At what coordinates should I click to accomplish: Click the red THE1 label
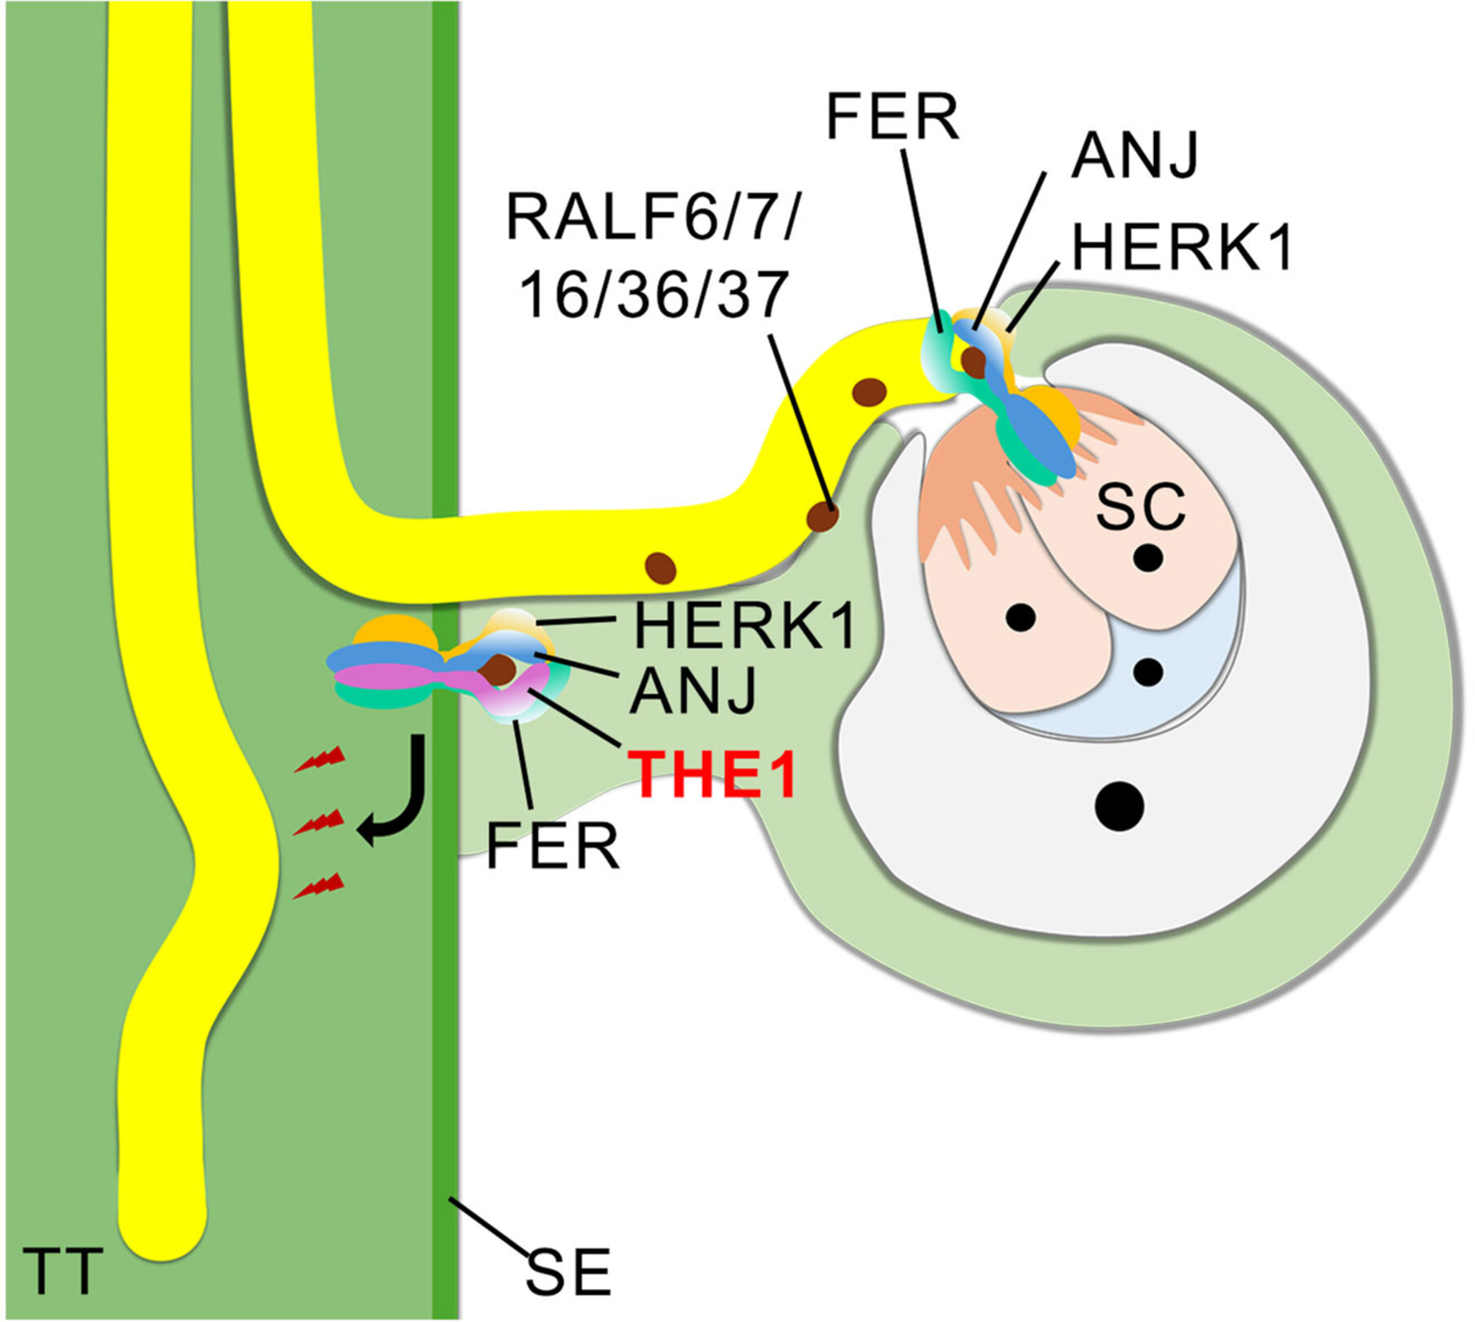pyautogui.click(x=714, y=775)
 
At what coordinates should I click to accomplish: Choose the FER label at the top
pyautogui.click(x=892, y=117)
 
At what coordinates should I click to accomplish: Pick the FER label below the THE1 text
pyautogui.click(x=553, y=847)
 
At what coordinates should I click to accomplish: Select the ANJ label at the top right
pyautogui.click(x=1135, y=155)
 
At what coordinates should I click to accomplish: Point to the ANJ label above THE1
pyautogui.click(x=693, y=691)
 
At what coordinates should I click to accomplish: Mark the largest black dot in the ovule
pyautogui.click(x=1119, y=806)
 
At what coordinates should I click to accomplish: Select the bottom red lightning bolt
pyautogui.click(x=319, y=885)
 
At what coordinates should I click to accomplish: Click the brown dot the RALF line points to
pyautogui.click(x=822, y=516)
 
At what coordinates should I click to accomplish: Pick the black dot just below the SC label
pyautogui.click(x=1148, y=558)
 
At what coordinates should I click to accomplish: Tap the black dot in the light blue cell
pyautogui.click(x=1148, y=672)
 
